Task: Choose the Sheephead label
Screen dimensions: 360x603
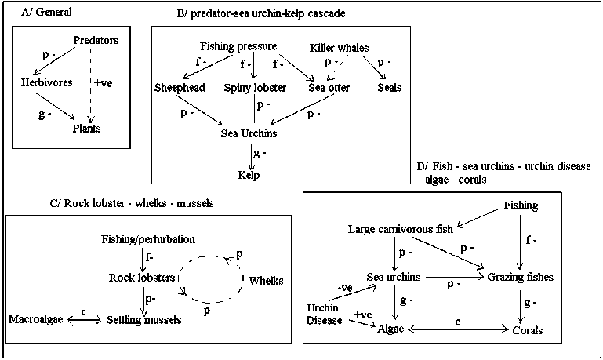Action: point(180,88)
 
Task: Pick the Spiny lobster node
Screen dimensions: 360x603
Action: point(252,88)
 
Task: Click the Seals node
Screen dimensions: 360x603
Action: point(389,88)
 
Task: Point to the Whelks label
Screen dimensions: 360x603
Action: point(265,280)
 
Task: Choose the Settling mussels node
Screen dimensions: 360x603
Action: point(143,319)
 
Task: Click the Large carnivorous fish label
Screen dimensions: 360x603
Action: point(401,230)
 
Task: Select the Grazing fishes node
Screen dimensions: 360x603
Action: point(520,277)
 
